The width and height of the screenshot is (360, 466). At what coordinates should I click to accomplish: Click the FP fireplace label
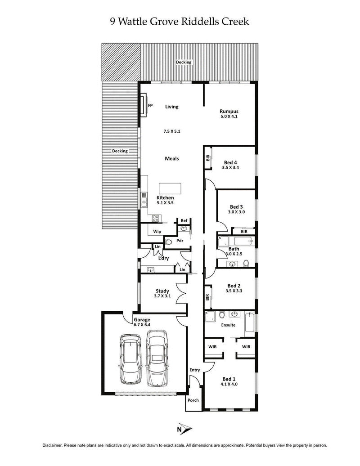[151, 105]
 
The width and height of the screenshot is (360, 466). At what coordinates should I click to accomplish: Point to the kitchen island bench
[171, 188]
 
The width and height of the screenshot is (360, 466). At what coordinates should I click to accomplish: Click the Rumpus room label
[229, 112]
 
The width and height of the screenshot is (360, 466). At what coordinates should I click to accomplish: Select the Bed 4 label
[231, 162]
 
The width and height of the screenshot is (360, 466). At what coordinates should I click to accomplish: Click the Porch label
[193, 400]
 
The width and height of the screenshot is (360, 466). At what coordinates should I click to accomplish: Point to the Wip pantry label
[157, 231]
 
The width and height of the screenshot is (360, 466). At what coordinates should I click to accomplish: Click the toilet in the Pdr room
[168, 242]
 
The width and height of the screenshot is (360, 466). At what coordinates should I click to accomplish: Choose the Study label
[162, 291]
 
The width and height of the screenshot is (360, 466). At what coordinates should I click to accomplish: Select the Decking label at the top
[184, 62]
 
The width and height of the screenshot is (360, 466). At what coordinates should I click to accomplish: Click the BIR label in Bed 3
[243, 232]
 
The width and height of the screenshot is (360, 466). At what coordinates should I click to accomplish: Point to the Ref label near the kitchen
[184, 220]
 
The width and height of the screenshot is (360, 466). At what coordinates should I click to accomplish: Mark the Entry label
[194, 370]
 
